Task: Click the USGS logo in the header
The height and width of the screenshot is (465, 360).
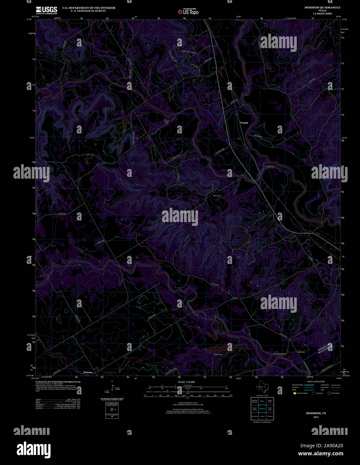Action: (x=47, y=10)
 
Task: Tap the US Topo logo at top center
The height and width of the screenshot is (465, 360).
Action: (x=188, y=12)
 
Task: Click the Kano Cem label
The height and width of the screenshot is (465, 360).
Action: (x=217, y=196)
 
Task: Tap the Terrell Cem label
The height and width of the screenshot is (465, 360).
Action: (x=167, y=122)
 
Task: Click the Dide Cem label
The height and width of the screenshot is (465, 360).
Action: (x=301, y=352)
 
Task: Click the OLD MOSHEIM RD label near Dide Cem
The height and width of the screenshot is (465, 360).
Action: (x=280, y=354)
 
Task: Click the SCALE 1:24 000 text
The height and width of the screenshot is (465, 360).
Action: (x=186, y=382)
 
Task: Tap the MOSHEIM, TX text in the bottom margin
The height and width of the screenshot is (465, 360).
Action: (x=316, y=413)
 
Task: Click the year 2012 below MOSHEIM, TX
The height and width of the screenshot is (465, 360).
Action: (x=316, y=417)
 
